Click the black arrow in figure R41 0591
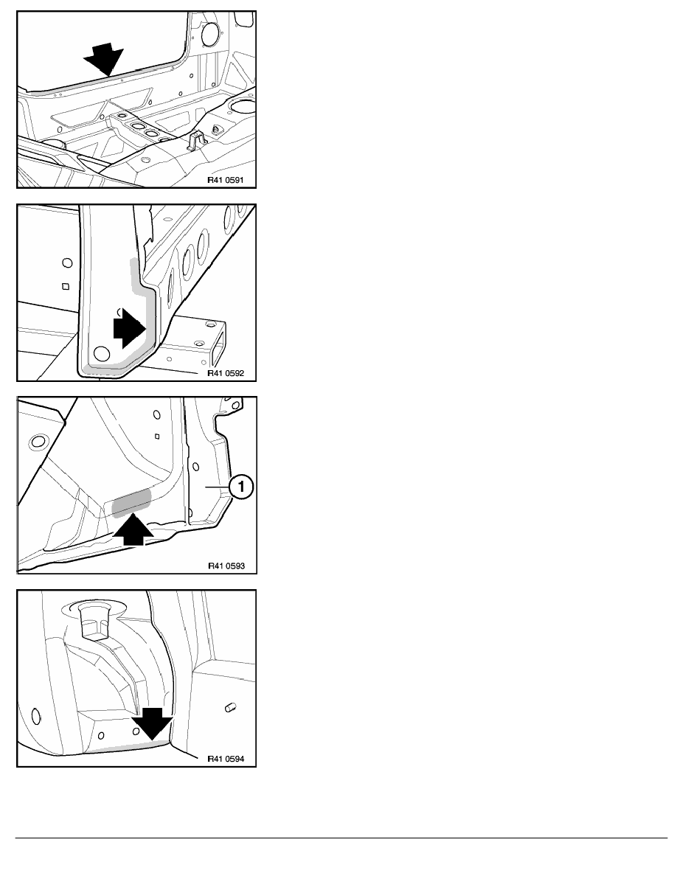[x=103, y=58]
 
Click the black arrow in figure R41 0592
[x=130, y=329]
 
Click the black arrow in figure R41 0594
[x=152, y=723]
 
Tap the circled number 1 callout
[x=241, y=487]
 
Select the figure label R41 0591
[x=226, y=181]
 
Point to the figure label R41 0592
[x=226, y=373]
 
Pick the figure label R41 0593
[x=226, y=566]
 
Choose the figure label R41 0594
[x=226, y=759]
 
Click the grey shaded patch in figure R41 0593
[x=132, y=501]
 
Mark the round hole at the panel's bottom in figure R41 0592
[x=101, y=354]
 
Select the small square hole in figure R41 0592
[x=66, y=287]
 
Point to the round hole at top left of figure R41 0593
[x=38, y=442]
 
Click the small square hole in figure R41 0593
[x=158, y=437]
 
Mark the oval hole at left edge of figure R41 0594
[x=36, y=716]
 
